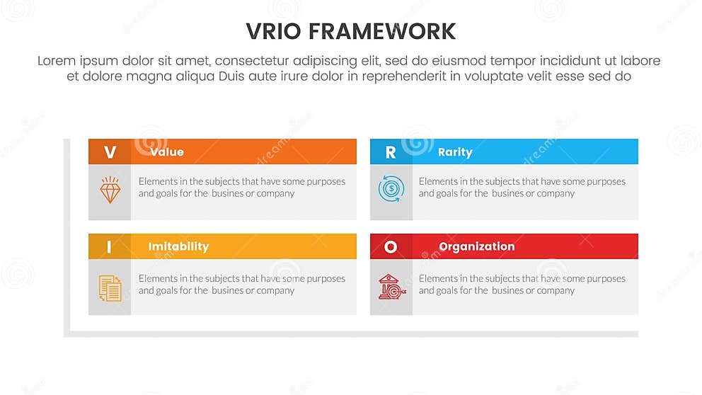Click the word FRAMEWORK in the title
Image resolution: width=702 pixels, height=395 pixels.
(x=387, y=32)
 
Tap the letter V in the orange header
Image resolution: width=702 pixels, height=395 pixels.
(x=110, y=152)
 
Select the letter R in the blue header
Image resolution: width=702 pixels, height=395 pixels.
(x=391, y=152)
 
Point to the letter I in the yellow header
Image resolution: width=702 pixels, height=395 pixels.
(x=109, y=247)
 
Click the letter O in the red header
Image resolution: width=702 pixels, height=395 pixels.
(x=391, y=247)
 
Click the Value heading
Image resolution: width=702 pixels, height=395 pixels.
(x=166, y=152)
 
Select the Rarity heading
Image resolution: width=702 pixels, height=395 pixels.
(x=455, y=152)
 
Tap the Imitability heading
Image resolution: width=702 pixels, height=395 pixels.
(x=178, y=247)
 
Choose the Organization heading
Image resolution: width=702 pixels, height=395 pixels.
(x=476, y=247)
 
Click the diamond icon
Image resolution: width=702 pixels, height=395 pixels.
(x=110, y=189)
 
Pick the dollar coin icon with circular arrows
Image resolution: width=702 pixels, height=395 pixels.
(x=391, y=189)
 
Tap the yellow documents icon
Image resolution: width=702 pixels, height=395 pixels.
(x=110, y=287)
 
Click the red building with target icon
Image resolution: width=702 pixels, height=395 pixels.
(x=391, y=286)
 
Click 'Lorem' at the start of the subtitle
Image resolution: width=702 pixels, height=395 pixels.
(x=56, y=62)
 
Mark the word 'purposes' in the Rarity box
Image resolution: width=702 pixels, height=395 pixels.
(x=604, y=181)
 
